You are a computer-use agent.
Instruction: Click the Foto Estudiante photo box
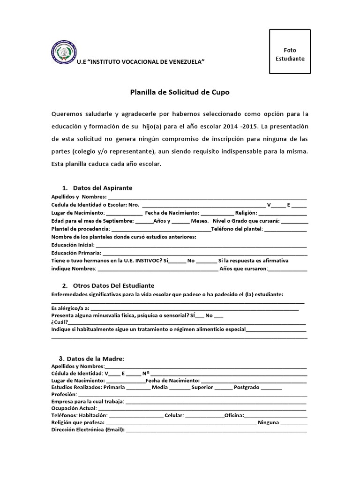tap(290, 52)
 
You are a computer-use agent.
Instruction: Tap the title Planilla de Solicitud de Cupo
tap(180, 92)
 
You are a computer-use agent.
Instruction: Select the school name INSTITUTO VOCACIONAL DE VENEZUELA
tap(141, 62)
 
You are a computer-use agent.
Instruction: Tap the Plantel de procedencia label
tap(80, 229)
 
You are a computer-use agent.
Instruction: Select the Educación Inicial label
tap(73, 245)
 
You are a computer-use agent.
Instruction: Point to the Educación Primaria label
tap(75, 253)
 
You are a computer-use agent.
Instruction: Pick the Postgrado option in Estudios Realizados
tap(246, 388)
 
